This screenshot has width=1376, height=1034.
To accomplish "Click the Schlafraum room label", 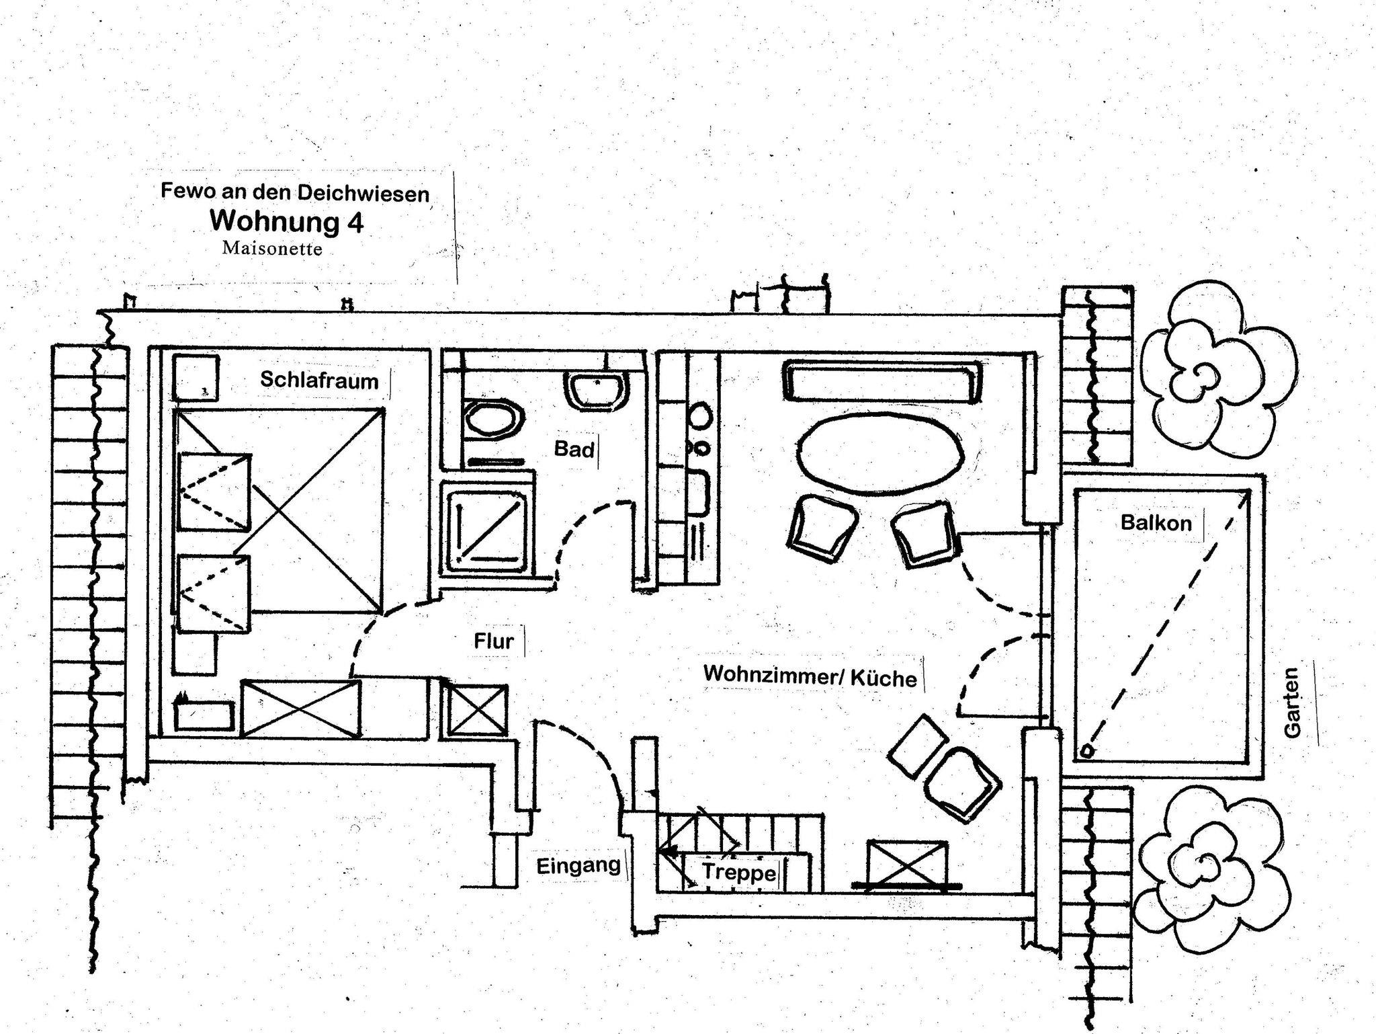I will coord(319,381).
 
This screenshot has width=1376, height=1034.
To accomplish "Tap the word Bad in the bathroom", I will coord(574,449).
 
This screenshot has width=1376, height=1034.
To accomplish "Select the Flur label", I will coord(494,641).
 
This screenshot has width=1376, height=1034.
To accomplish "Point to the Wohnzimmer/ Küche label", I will coord(810,676).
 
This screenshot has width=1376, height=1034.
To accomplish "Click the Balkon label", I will coord(1156,522).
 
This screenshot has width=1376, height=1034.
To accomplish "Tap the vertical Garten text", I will coord(1291,703).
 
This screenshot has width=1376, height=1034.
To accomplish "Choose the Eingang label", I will coord(578,866).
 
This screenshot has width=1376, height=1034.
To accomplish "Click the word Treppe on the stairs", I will coord(739,873).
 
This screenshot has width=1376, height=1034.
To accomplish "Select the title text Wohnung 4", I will coord(287,221).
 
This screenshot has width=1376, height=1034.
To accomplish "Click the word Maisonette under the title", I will coord(272,249).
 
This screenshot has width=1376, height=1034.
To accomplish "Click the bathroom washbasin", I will coord(598,392).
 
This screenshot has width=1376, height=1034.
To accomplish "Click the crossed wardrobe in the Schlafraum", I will coord(300,708).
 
